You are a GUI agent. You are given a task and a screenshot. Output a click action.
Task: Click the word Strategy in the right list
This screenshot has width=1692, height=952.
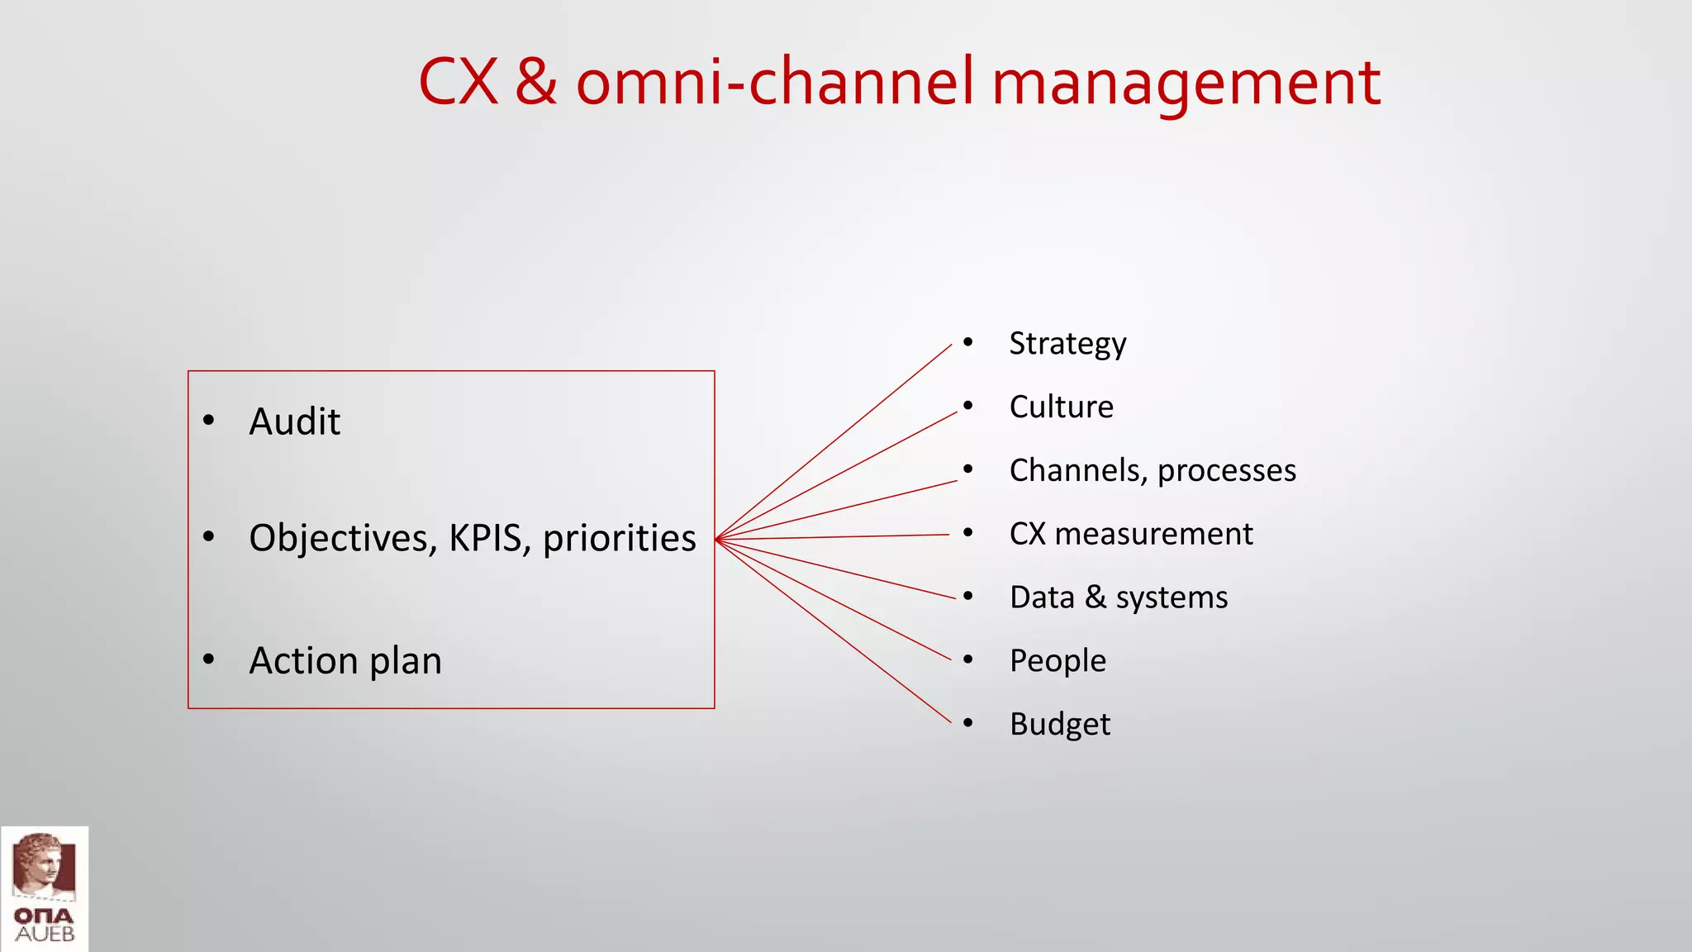(1067, 344)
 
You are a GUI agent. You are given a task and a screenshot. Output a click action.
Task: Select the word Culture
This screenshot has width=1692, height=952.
(1061, 407)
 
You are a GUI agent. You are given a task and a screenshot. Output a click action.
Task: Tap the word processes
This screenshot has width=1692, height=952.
(1226, 471)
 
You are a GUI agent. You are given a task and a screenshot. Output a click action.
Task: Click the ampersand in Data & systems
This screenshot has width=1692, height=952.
(1095, 597)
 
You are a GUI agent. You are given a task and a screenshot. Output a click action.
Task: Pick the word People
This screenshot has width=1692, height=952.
(1057, 661)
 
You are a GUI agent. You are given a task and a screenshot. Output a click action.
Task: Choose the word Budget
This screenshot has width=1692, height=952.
(1059, 725)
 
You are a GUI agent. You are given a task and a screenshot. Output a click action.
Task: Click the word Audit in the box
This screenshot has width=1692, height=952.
(294, 422)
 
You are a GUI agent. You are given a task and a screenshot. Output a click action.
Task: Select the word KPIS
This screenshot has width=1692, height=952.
(490, 538)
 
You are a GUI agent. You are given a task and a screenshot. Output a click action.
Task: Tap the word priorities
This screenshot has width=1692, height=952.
(619, 539)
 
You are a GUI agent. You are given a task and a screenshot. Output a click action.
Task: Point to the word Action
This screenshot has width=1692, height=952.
(304, 661)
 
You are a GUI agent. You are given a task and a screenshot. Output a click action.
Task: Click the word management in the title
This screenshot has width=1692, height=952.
(1186, 83)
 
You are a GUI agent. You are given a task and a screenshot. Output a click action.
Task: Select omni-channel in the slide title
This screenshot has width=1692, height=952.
(775, 83)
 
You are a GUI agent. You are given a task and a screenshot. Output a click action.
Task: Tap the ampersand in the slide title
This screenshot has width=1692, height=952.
(535, 83)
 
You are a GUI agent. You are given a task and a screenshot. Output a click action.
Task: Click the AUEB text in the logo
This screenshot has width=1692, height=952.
(45, 935)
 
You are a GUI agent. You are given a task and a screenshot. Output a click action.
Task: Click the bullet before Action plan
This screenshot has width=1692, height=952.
(209, 659)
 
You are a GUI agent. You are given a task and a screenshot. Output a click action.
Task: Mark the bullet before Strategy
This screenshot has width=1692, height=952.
(967, 342)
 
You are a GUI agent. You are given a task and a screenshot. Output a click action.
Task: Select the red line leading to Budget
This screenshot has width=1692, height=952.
(834, 631)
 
